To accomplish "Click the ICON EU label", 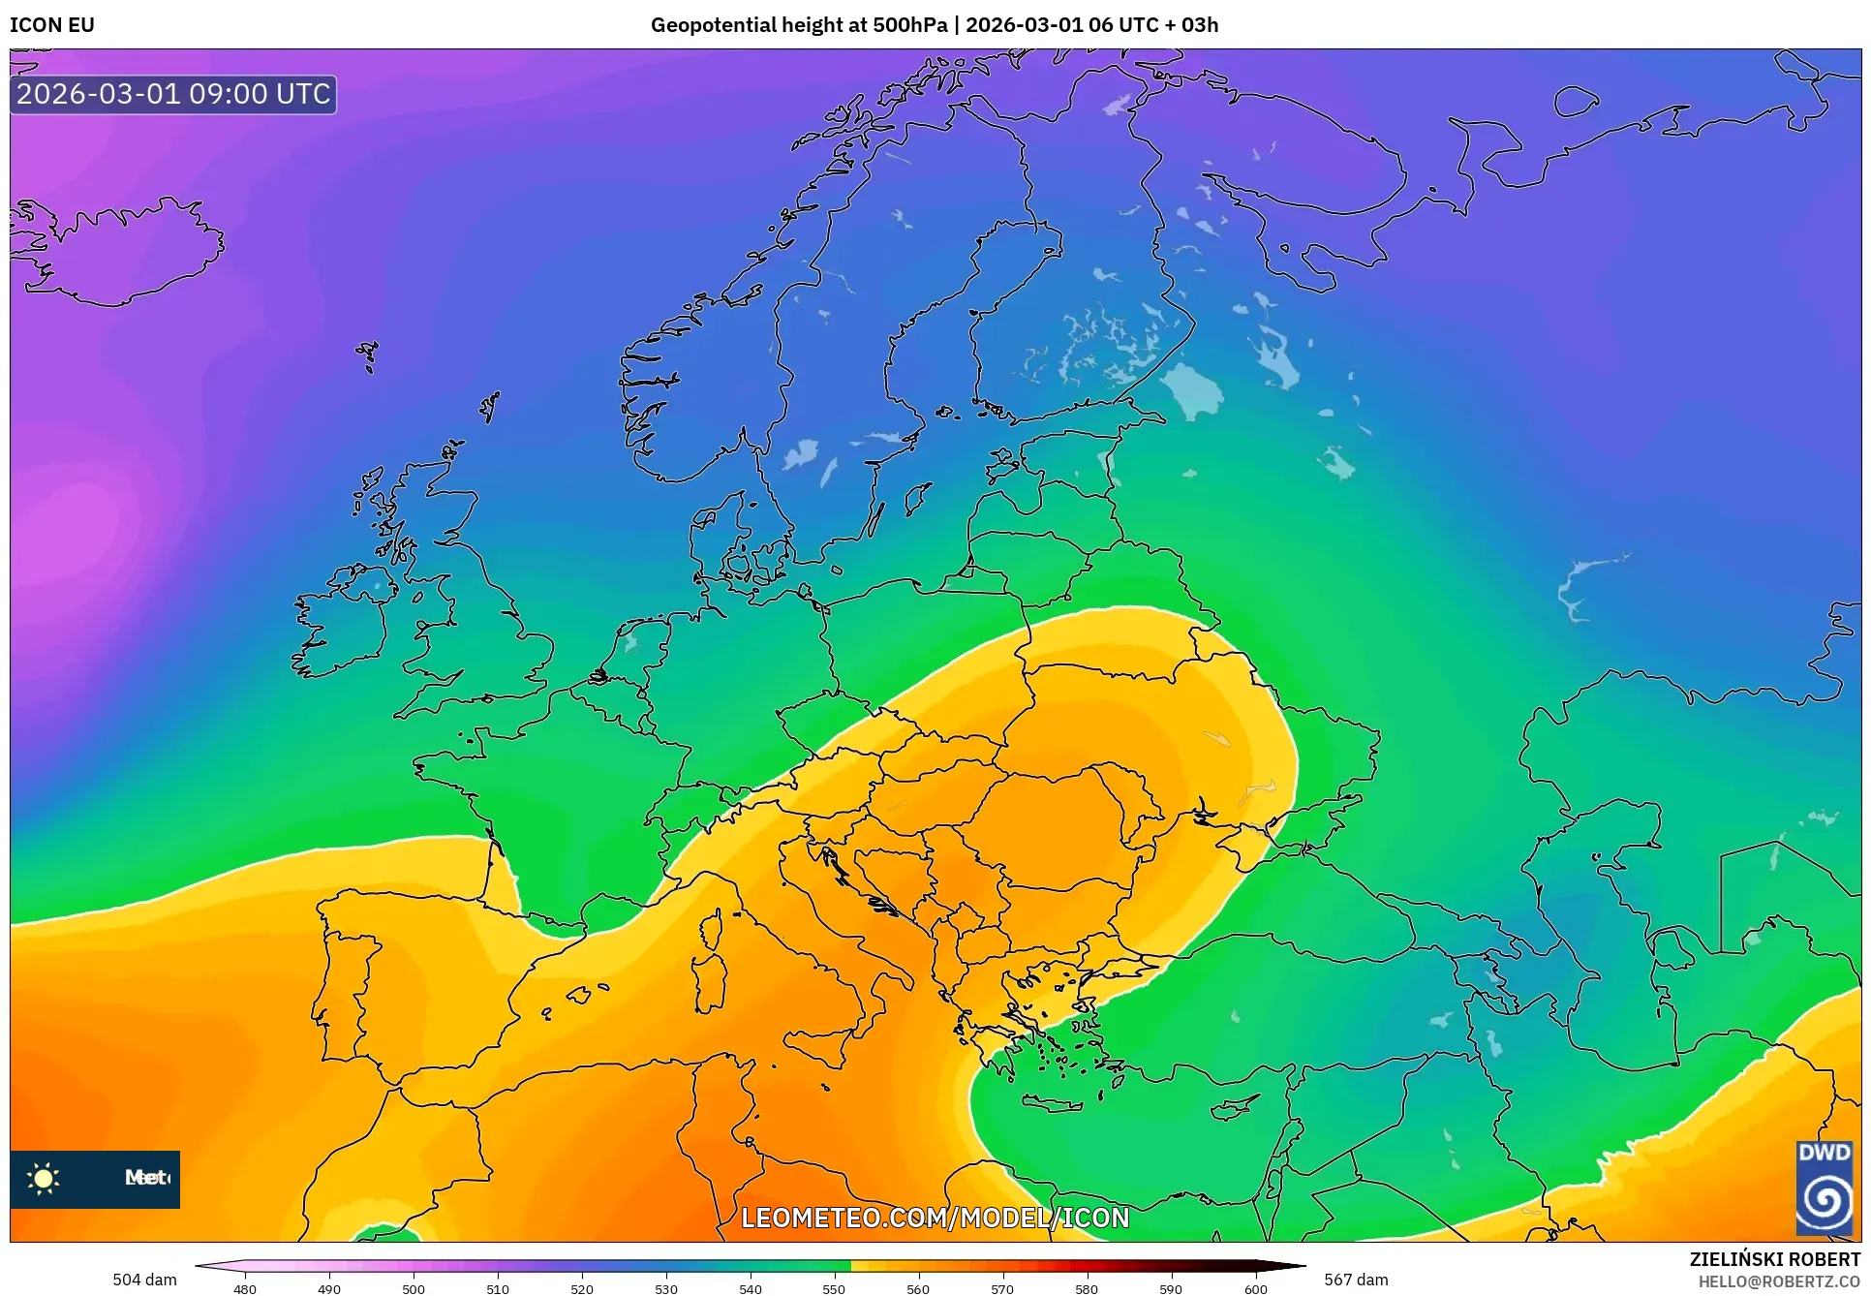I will [x=52, y=25].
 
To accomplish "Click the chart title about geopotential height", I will [x=934, y=25].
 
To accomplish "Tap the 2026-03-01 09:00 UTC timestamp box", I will [x=173, y=94].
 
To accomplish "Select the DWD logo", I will [x=1824, y=1188].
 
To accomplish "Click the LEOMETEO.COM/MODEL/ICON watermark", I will [x=935, y=1218].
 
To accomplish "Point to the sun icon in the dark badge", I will [x=44, y=1179].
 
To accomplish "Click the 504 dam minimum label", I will [x=144, y=1280].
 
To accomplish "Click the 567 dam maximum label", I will [x=1355, y=1280].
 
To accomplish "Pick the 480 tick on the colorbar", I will [x=245, y=1288].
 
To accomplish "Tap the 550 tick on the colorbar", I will [x=834, y=1288].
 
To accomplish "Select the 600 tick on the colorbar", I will [x=1255, y=1288].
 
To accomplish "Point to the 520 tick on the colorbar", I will [x=581, y=1288].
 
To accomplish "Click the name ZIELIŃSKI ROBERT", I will [x=1774, y=1259].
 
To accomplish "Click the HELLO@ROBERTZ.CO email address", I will [x=1779, y=1281].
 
